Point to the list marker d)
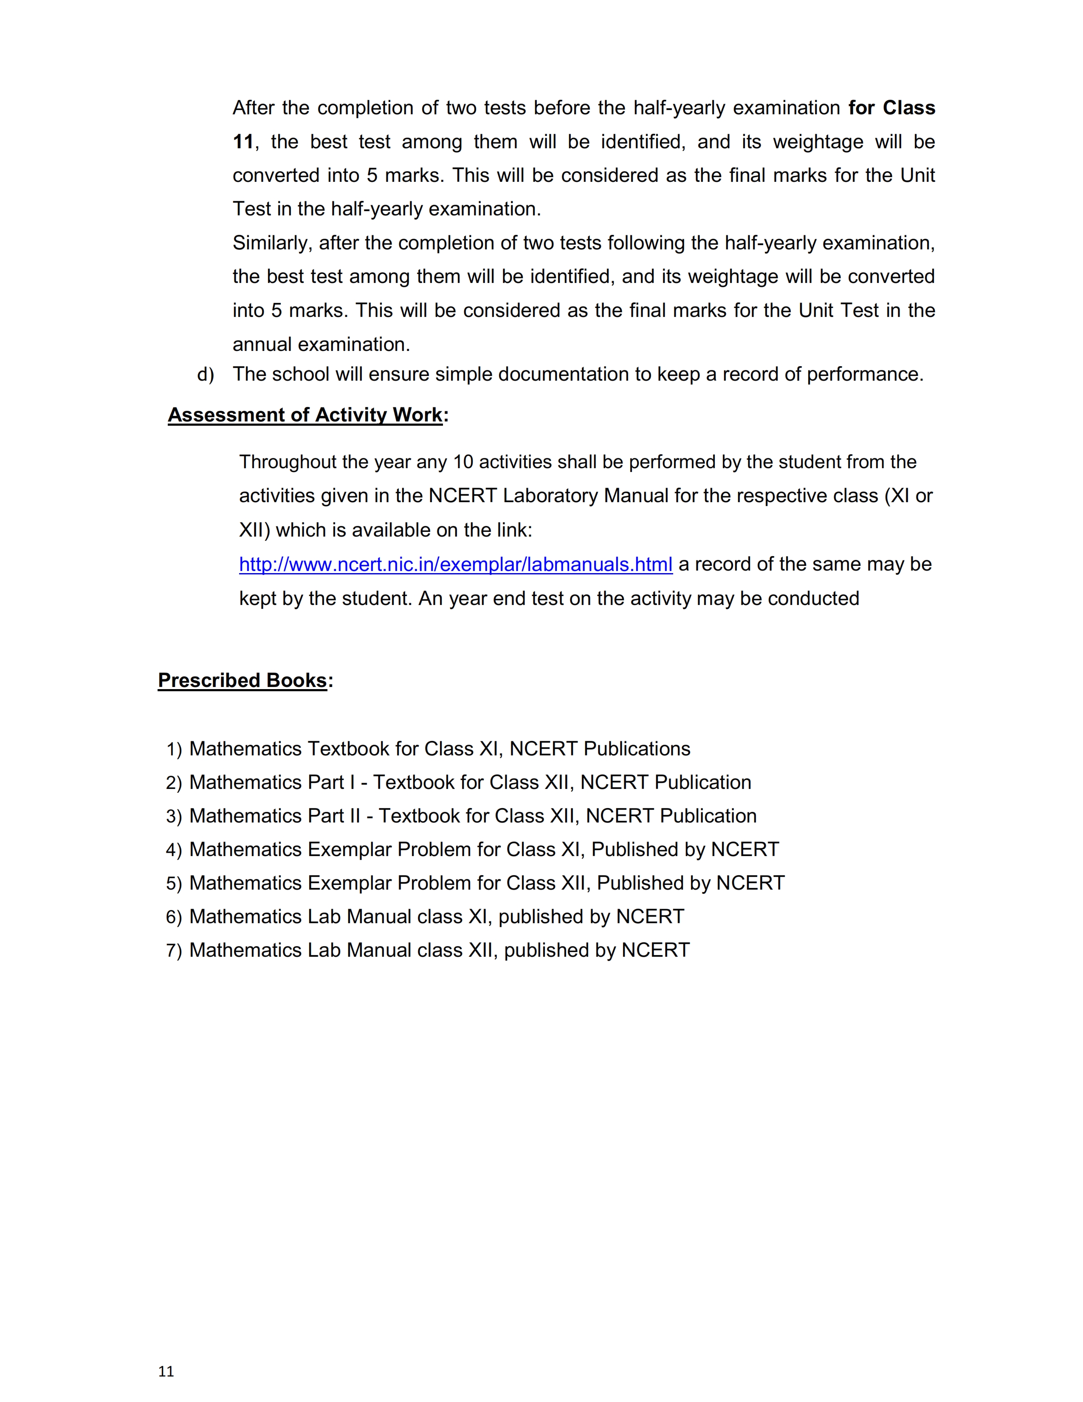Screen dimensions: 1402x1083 (x=205, y=374)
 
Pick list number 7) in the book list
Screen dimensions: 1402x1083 (x=174, y=951)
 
